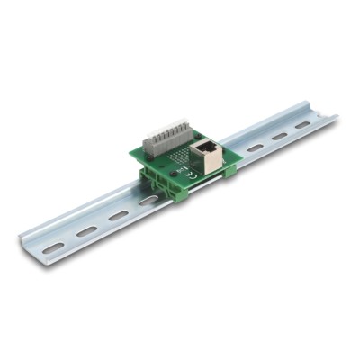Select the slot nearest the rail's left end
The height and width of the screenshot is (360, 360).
pyautogui.click(x=53, y=246)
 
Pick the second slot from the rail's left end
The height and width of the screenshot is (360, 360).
pyautogui.click(x=85, y=230)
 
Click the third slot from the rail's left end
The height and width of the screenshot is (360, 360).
pyautogui.click(x=118, y=216)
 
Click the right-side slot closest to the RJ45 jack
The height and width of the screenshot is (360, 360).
pyautogui.click(x=256, y=147)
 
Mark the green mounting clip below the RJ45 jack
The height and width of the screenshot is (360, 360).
pyautogui.click(x=229, y=168)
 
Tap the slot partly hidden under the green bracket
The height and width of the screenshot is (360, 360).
pyautogui.click(x=148, y=202)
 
